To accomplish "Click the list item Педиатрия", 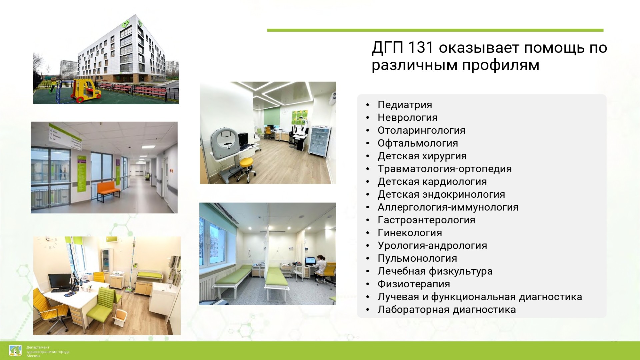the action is click(405, 105).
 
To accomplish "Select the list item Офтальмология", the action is click(418, 143).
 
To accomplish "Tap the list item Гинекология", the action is click(410, 233).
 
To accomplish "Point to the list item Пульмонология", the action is click(417, 258).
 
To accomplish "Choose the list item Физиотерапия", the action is click(414, 284).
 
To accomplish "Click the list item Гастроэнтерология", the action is click(426, 220).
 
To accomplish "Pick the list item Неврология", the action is click(407, 118).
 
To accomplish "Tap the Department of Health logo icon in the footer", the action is click(15, 351).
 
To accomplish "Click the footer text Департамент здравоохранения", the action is click(48, 349).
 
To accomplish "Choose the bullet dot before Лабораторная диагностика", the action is click(367, 310).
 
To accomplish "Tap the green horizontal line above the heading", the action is click(435, 30).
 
